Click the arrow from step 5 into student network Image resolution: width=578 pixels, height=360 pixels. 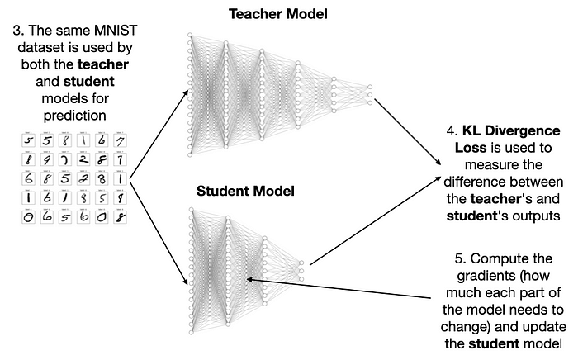(347, 290)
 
